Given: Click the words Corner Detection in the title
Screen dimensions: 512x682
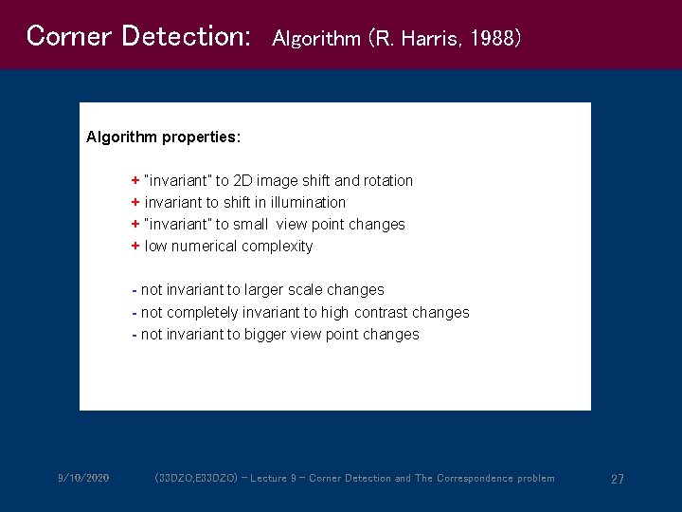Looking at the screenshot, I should tap(138, 36).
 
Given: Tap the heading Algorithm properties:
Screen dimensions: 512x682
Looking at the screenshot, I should tap(163, 137).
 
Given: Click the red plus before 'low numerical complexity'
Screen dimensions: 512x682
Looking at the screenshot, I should tap(135, 247).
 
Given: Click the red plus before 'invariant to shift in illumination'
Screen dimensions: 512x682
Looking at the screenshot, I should tap(135, 203).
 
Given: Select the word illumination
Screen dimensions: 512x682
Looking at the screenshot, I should tap(310, 203).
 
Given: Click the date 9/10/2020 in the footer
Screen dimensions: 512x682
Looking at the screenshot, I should tap(83, 478).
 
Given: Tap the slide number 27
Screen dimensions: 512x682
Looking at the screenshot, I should tap(617, 479).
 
